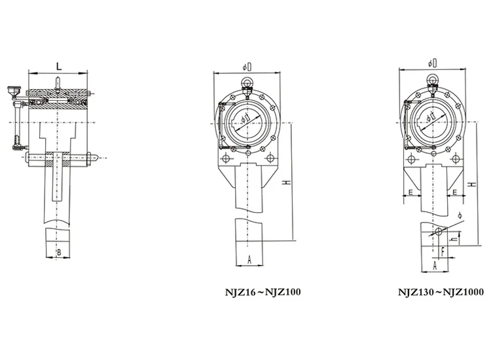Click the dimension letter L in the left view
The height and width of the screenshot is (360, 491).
pos(59,66)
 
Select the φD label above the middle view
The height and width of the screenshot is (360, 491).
pos(247,67)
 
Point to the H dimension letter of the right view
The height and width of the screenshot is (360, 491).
pos(472,186)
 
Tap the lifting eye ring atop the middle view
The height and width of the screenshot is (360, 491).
pos(247,82)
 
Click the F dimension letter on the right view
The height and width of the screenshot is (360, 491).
pos(443,249)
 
